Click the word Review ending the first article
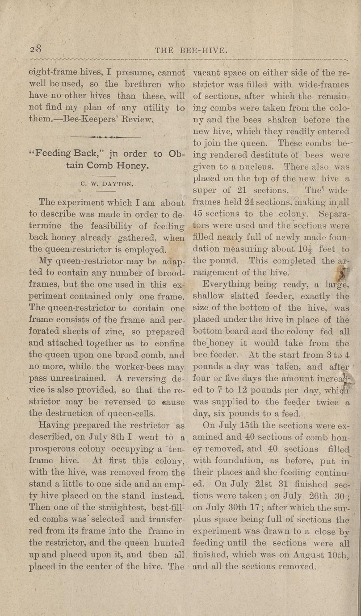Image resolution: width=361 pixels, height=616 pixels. click(139, 120)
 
